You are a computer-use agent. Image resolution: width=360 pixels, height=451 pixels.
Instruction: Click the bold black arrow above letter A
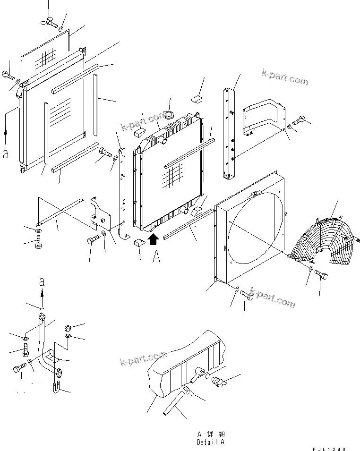[x=152, y=239]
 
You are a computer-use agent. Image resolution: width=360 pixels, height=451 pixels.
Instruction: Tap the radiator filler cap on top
[x=168, y=116]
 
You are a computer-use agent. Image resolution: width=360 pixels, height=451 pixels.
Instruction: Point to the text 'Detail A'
[x=211, y=442]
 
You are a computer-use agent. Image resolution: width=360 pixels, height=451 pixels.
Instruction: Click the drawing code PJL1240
[x=329, y=449]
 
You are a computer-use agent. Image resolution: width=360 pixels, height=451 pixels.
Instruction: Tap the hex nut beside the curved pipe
[x=68, y=327]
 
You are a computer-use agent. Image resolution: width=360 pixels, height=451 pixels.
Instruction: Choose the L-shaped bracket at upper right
[x=265, y=116]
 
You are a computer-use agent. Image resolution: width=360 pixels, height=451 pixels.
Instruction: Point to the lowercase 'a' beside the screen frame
[x=6, y=154]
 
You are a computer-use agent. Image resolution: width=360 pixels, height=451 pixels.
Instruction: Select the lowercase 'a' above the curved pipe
[x=42, y=282]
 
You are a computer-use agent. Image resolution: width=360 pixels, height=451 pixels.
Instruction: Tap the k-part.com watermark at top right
[x=285, y=78]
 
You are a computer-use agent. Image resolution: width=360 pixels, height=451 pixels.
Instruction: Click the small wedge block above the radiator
[x=197, y=98]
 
